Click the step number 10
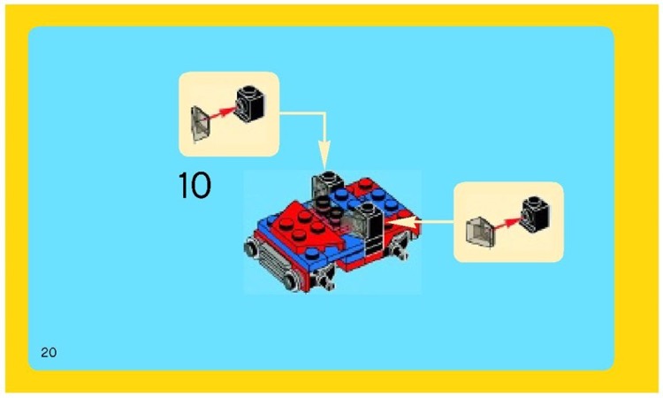(194, 186)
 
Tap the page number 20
(49, 353)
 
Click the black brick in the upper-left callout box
(251, 103)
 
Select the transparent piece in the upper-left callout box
(202, 121)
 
